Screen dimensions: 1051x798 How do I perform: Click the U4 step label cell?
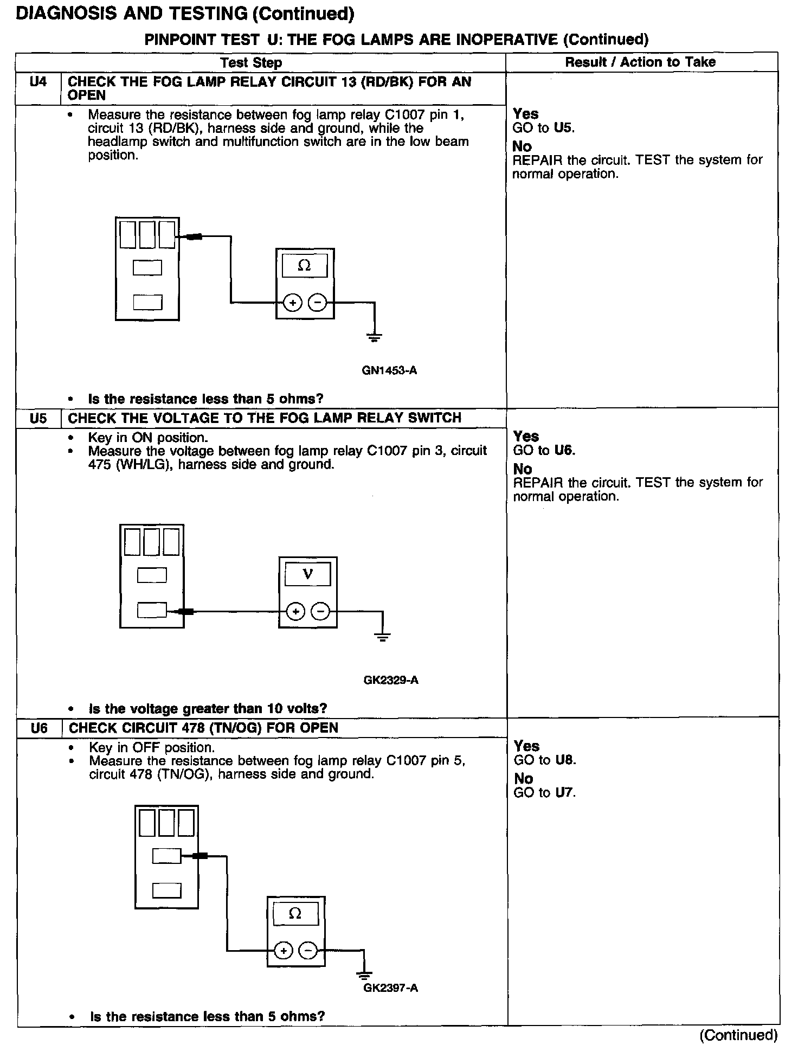pyautogui.click(x=38, y=82)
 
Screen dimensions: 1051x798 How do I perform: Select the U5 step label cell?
pyautogui.click(x=38, y=418)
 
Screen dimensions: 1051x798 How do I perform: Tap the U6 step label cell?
pyautogui.click(x=39, y=728)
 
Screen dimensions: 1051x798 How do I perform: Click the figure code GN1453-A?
pyautogui.click(x=389, y=371)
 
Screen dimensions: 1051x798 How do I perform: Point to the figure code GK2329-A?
pyautogui.click(x=391, y=680)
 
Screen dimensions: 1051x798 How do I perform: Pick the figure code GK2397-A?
pyautogui.click(x=390, y=988)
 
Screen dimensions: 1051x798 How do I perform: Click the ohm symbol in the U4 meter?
pyautogui.click(x=305, y=266)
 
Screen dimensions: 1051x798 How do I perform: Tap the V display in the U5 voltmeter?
pyautogui.click(x=307, y=574)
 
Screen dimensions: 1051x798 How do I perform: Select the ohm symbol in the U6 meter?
pyautogui.click(x=295, y=914)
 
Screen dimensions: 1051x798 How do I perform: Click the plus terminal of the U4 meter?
pyautogui.click(x=293, y=303)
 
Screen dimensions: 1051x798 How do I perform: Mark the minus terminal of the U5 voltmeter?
pyautogui.click(x=321, y=612)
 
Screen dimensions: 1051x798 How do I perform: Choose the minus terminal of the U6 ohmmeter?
pyautogui.click(x=308, y=950)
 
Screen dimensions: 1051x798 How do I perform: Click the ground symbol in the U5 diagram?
pyautogui.click(x=383, y=637)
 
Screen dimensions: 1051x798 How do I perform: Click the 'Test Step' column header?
pyautogui.click(x=251, y=62)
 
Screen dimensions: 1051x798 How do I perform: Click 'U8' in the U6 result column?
pyautogui.click(x=564, y=760)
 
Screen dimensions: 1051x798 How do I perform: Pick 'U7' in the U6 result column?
pyautogui.click(x=564, y=792)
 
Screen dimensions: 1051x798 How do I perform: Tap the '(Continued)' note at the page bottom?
pyautogui.click(x=738, y=1035)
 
